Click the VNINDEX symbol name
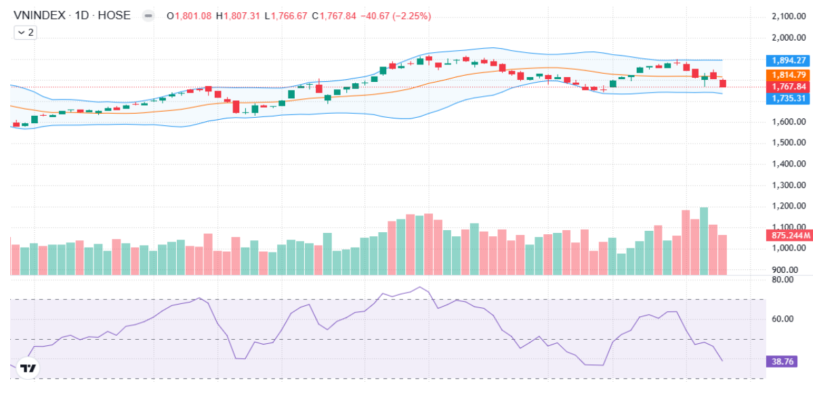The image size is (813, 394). tap(39, 15)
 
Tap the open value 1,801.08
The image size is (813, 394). tap(193, 16)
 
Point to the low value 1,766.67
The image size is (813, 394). tap(289, 16)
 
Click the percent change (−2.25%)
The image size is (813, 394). tap(407, 16)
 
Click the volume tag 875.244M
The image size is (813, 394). tap(789, 236)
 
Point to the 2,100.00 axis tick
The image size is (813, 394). tap(788, 16)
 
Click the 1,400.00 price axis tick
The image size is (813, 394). tap(788, 164)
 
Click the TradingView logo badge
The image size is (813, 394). tap(28, 368)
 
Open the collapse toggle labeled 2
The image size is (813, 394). tap(26, 32)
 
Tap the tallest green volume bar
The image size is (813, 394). tap(704, 240)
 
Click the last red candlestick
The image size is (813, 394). tap(723, 83)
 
